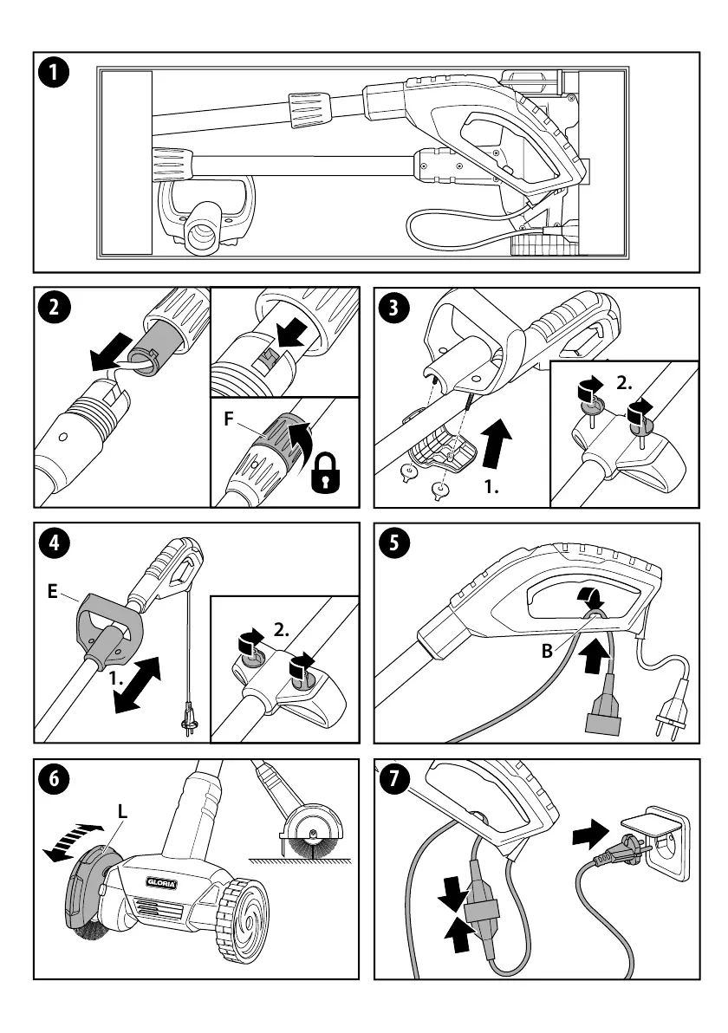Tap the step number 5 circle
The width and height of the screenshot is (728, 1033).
[395, 543]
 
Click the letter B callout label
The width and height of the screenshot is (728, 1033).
[547, 651]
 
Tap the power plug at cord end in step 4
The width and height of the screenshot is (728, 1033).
[185, 718]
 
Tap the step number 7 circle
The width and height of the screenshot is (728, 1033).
[395, 778]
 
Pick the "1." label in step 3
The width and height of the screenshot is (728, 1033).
[492, 488]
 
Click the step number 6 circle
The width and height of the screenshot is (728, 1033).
[54, 779]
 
